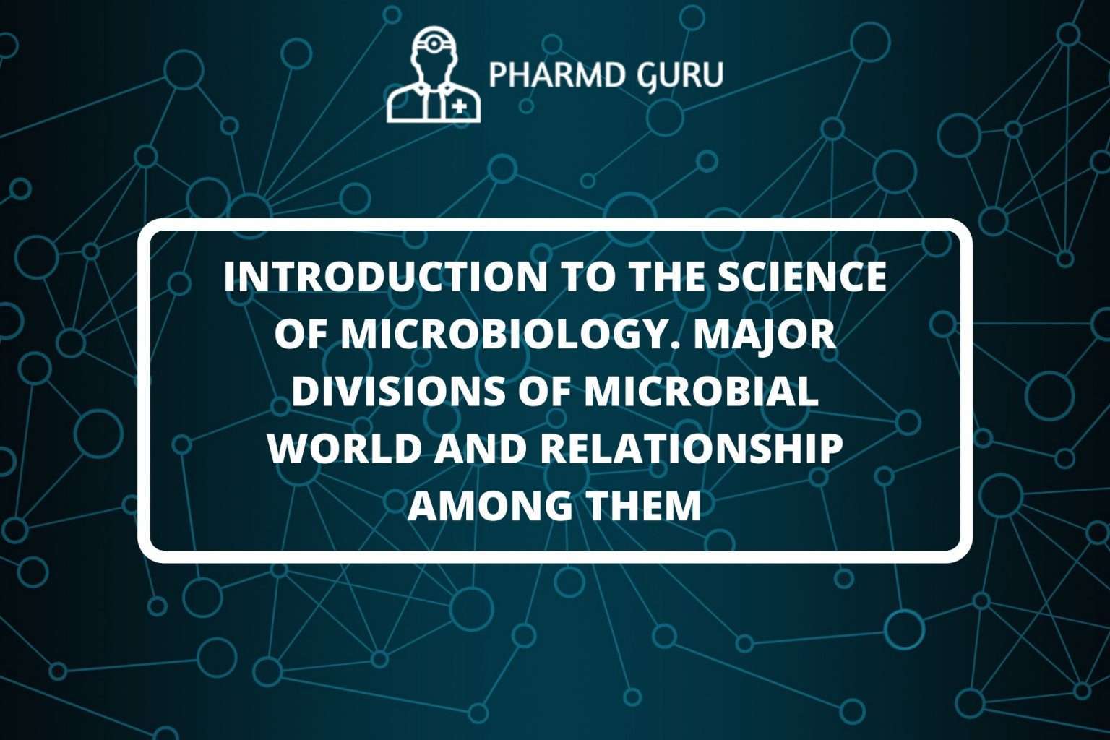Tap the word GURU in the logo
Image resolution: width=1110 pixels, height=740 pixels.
click(x=681, y=75)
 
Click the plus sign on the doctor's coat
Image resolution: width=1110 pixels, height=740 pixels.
click(x=459, y=107)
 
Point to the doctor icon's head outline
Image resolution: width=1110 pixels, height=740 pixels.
click(x=433, y=58)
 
